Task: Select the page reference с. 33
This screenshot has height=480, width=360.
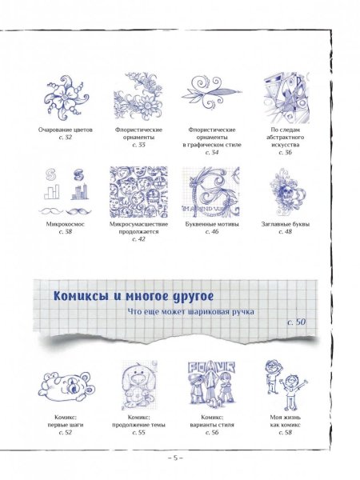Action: (x=140, y=145)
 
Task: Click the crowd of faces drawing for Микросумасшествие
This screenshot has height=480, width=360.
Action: (x=139, y=193)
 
